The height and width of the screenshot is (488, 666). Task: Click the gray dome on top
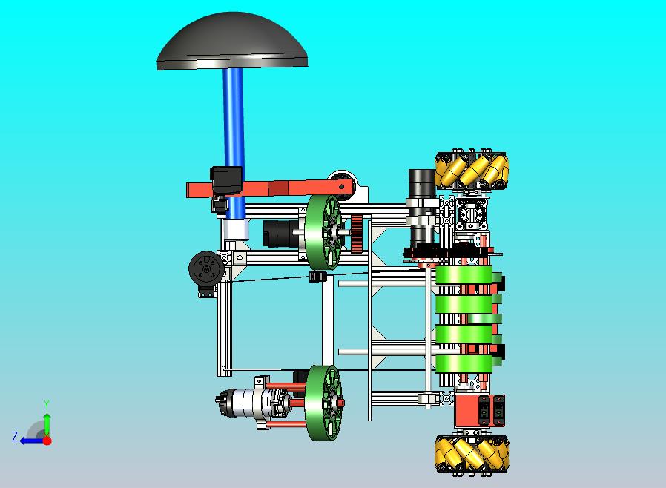coord(232,42)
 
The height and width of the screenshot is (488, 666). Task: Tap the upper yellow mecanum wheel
coord(472,170)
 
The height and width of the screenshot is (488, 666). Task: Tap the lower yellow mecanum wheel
coord(472,454)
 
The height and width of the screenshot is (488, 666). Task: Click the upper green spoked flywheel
coord(323,232)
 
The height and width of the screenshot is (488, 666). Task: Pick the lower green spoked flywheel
coord(323,403)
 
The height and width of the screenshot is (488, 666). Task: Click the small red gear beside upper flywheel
coord(357,233)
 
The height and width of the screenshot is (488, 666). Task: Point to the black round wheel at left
coord(205,268)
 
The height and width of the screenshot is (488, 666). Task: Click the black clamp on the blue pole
coord(226,179)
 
